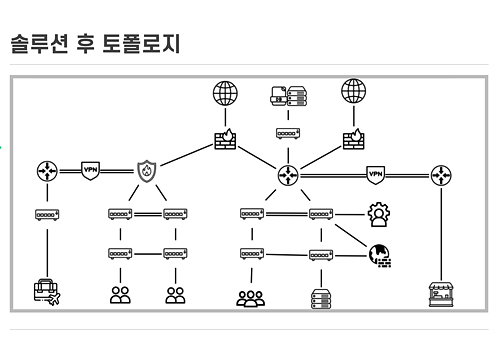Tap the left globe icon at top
(226, 93)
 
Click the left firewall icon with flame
(226, 139)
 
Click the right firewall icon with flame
(353, 139)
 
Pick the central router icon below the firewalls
(289, 176)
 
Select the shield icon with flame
(148, 171)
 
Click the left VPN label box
(91, 171)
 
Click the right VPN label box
(376, 174)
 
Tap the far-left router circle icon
(46, 171)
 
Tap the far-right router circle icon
(441, 176)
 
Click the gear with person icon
(378, 214)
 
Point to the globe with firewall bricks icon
(379, 255)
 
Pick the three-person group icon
(250, 296)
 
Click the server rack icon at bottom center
(320, 296)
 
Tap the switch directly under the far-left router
(46, 214)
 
